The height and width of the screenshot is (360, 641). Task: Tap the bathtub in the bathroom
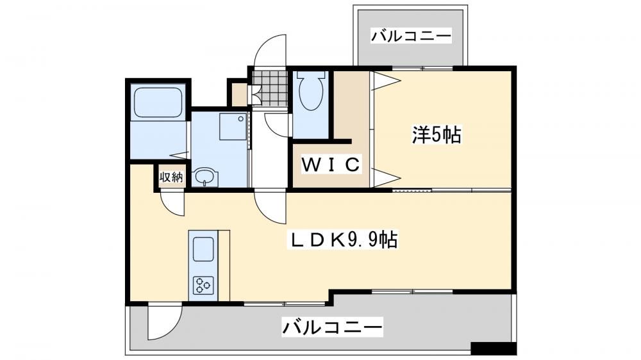pyautogui.click(x=158, y=102)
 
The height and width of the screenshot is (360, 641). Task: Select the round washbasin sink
pyautogui.click(x=205, y=177)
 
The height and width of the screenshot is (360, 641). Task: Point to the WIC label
pyautogui.click(x=331, y=164)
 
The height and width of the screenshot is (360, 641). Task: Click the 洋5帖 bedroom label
pyautogui.click(x=437, y=135)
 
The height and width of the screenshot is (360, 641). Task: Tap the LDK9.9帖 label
pyautogui.click(x=344, y=240)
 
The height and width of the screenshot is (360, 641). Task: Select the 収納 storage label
pyautogui.click(x=171, y=177)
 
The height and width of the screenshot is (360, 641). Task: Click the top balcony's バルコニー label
pyautogui.click(x=412, y=36)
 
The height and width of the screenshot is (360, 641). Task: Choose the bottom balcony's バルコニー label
pyautogui.click(x=332, y=327)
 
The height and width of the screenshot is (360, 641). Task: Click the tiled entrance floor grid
pyautogui.click(x=269, y=87)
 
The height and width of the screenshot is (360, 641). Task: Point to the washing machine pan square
pyautogui.click(x=233, y=126)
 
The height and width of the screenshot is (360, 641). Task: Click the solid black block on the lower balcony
pyautogui.click(x=494, y=348)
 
